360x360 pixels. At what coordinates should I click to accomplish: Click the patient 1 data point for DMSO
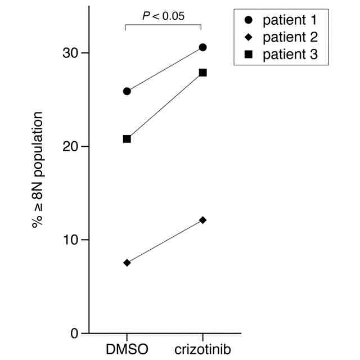127,91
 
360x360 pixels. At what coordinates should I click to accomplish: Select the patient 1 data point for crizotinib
202,47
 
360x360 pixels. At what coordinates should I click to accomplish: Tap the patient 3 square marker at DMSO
127,139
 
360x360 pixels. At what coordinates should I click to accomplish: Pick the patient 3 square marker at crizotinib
202,73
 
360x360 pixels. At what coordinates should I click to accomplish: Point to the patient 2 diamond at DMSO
127,263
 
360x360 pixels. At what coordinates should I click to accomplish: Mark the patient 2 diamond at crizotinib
202,220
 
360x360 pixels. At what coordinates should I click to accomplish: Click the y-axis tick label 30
72,53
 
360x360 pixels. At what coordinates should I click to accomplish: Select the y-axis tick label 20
72,146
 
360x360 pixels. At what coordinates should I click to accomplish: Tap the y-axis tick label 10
72,240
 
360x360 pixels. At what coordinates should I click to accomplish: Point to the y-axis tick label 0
76,333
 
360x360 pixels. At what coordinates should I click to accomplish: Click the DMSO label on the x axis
127,349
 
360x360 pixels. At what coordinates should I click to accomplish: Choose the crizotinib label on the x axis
202,349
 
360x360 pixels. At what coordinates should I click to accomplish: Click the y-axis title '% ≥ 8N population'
38,169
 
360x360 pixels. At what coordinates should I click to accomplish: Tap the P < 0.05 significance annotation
163,16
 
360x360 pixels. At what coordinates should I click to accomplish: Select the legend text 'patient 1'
290,21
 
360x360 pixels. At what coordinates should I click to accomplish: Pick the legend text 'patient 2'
290,38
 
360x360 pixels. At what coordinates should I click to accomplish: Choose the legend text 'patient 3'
290,55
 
